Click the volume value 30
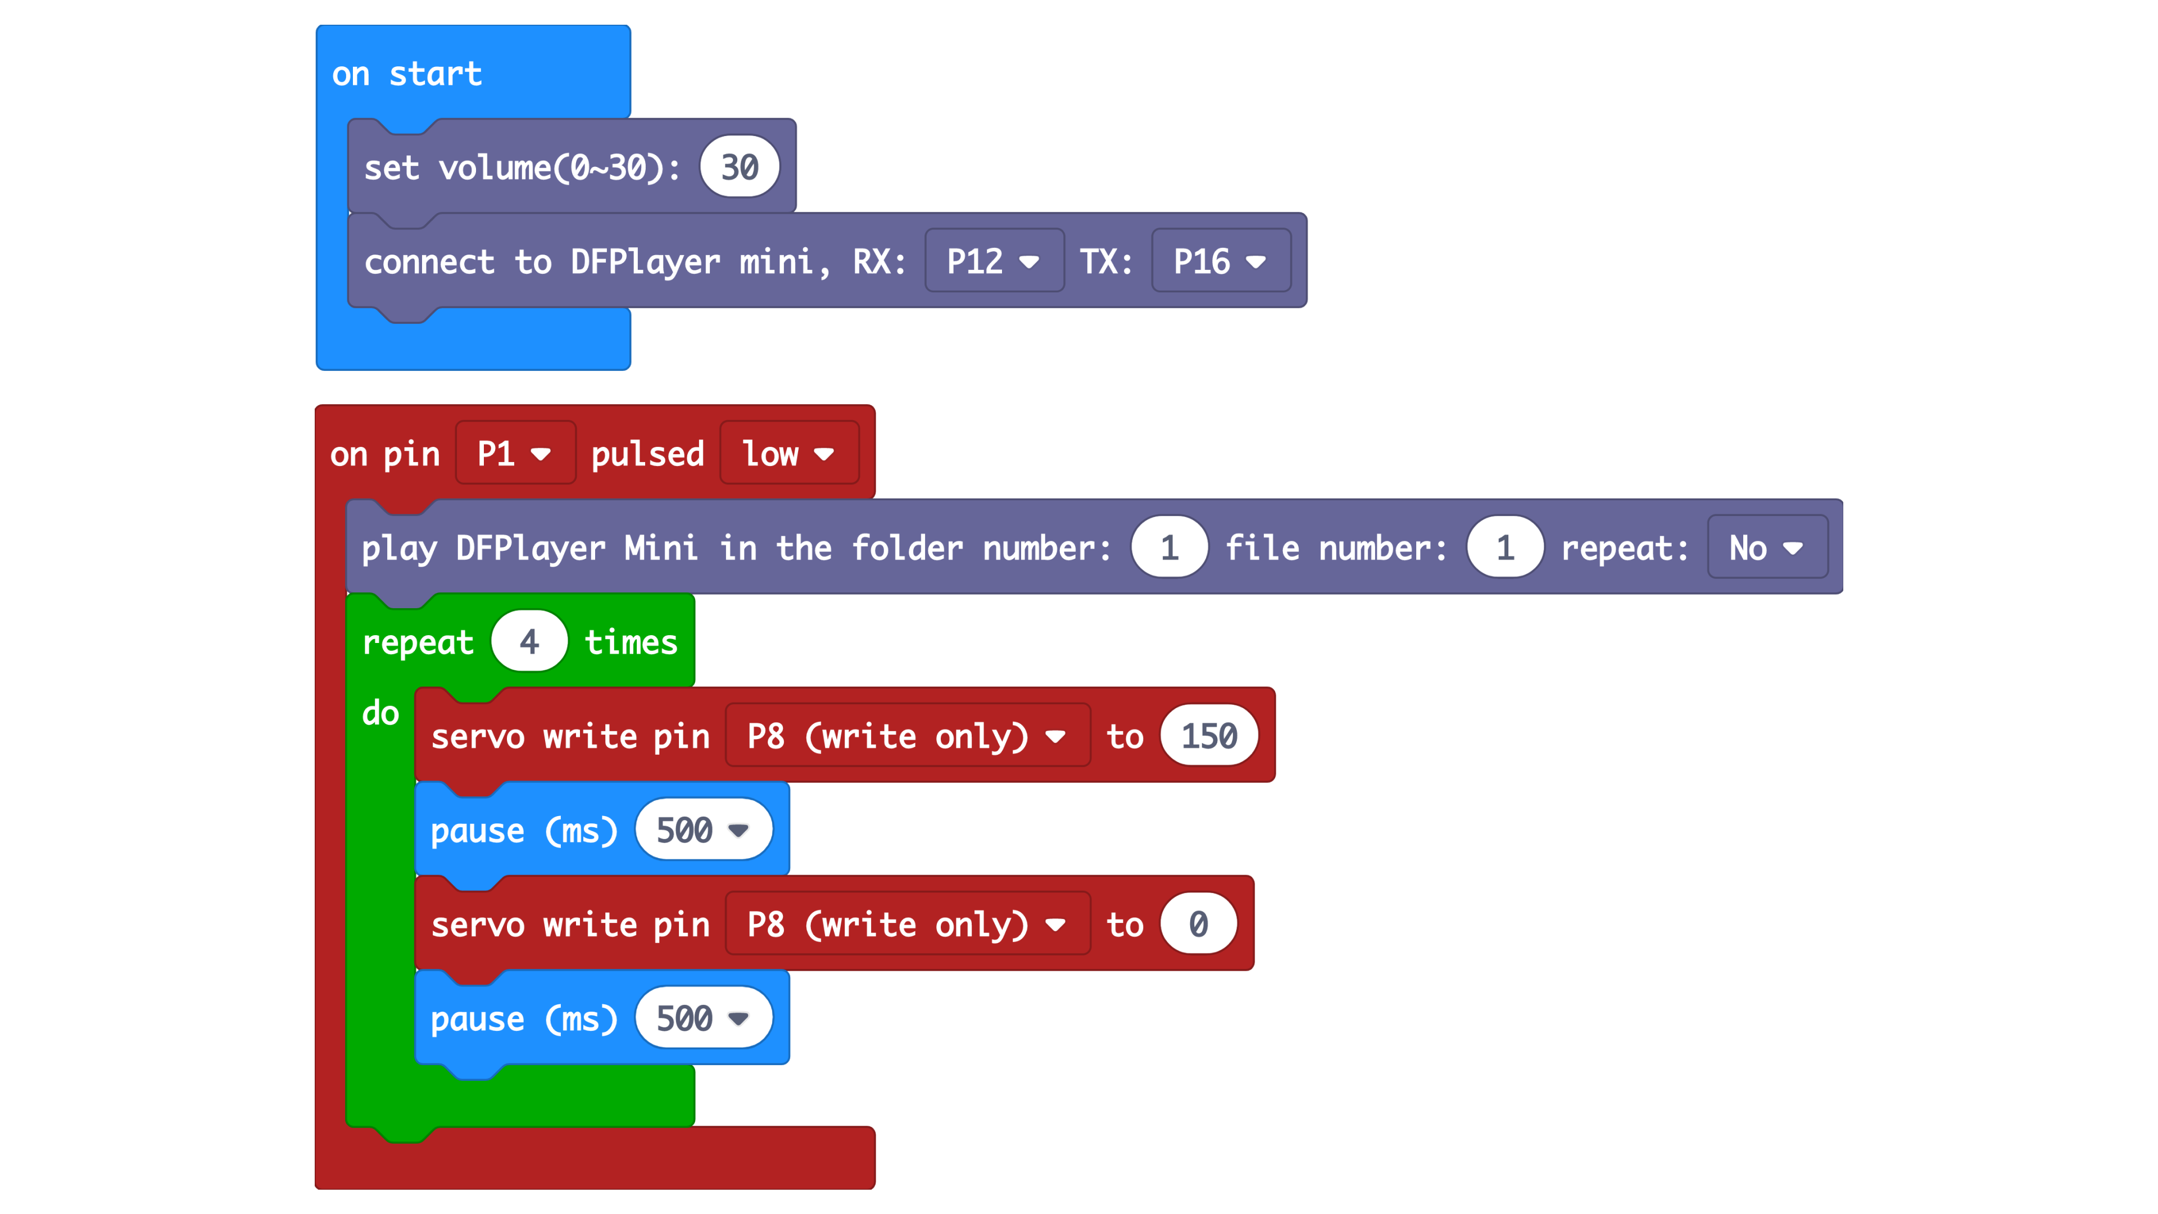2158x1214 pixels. click(x=739, y=167)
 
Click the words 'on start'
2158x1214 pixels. click(x=406, y=74)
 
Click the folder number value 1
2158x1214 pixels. click(x=1169, y=548)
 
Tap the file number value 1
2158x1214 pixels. click(x=1504, y=548)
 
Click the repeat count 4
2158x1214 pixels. click(x=529, y=642)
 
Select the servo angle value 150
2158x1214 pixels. click(x=1208, y=736)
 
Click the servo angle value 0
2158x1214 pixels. click(x=1198, y=924)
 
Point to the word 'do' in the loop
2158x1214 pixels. click(x=380, y=713)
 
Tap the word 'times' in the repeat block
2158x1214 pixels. click(x=631, y=642)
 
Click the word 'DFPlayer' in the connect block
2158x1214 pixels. click(x=645, y=261)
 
